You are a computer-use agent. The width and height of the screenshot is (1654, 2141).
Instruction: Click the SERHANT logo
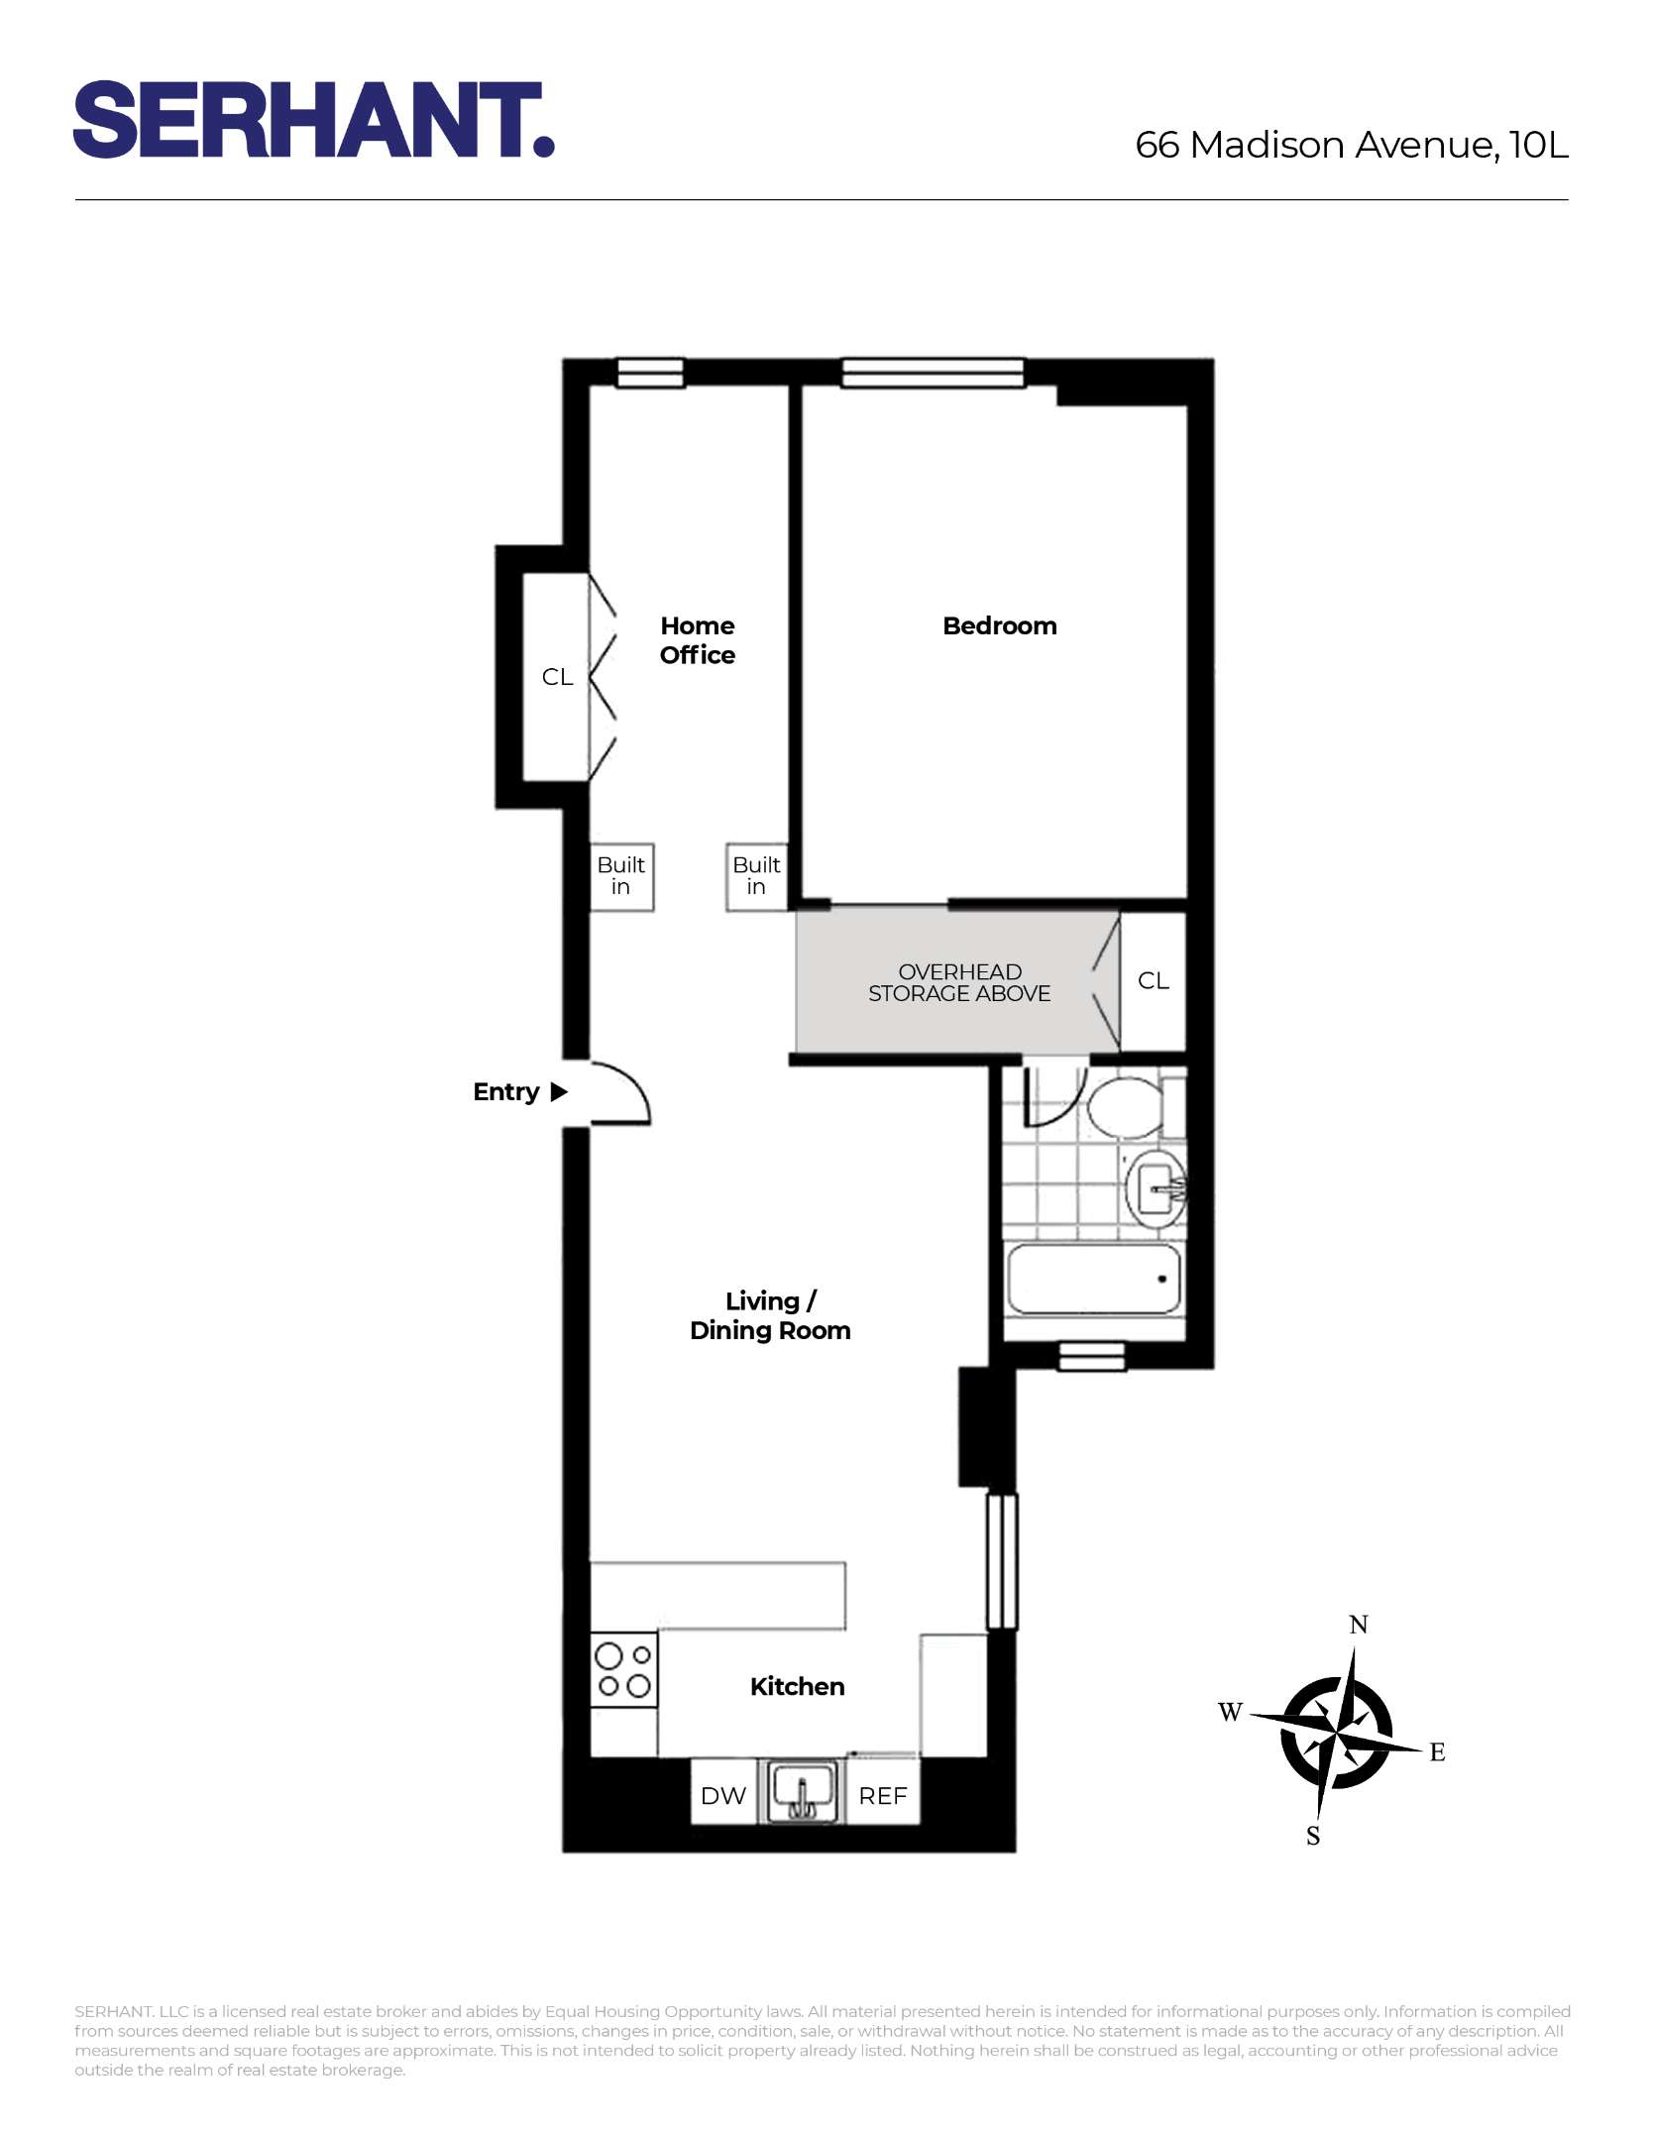pos(313,120)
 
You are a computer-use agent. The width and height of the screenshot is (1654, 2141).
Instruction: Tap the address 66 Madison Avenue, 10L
pos(1351,145)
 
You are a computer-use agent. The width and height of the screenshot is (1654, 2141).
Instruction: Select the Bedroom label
pos(999,626)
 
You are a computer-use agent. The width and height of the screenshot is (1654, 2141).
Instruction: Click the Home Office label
pos(698,640)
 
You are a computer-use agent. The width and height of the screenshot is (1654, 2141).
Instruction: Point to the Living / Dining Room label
pos(770,1315)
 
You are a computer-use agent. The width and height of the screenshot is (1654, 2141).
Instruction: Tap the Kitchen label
pos(797,1687)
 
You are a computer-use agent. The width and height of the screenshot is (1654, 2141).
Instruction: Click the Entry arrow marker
pos(559,1092)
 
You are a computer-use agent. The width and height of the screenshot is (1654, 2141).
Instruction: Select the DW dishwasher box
pos(723,1796)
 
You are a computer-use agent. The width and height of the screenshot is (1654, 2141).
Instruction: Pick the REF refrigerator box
pos(883,1796)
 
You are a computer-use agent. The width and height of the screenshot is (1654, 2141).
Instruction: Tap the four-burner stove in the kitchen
pos(623,1670)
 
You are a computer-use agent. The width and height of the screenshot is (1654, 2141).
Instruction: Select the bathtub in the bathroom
pos(1094,1280)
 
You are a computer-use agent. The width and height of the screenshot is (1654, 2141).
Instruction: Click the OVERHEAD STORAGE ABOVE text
pos(959,983)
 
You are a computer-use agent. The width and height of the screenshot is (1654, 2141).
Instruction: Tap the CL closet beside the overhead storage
pos(1154,981)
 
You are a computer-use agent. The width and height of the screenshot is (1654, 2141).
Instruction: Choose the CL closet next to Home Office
pos(557,677)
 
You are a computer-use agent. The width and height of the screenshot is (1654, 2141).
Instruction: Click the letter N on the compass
pos(1359,1625)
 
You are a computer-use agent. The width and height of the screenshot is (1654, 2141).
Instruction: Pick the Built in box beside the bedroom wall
pos(756,876)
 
